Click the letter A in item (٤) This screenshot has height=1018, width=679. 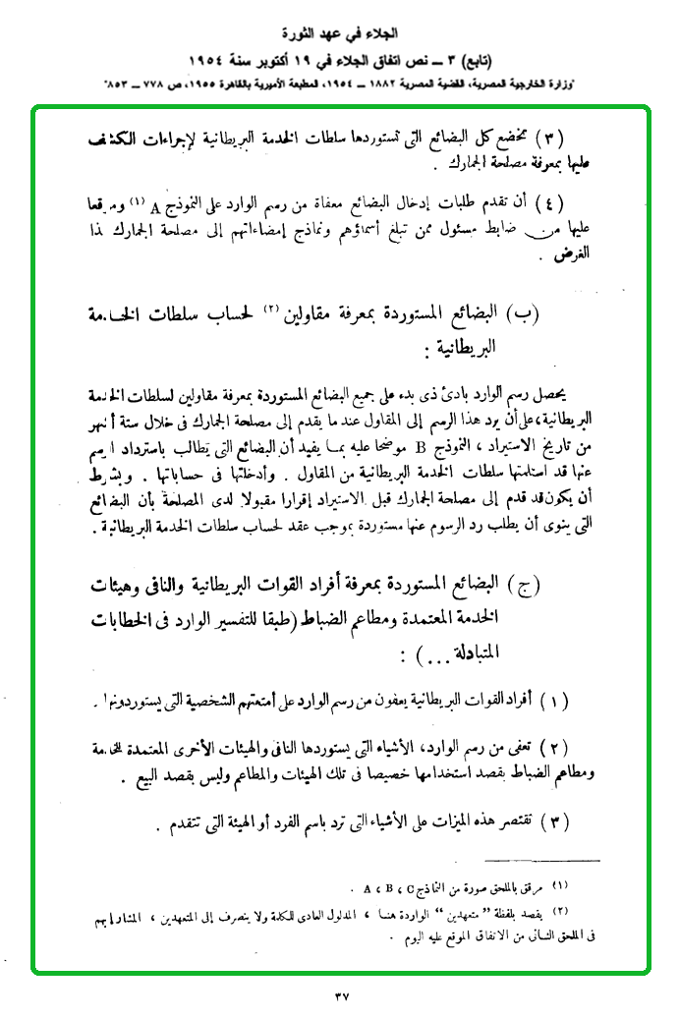tap(155, 206)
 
